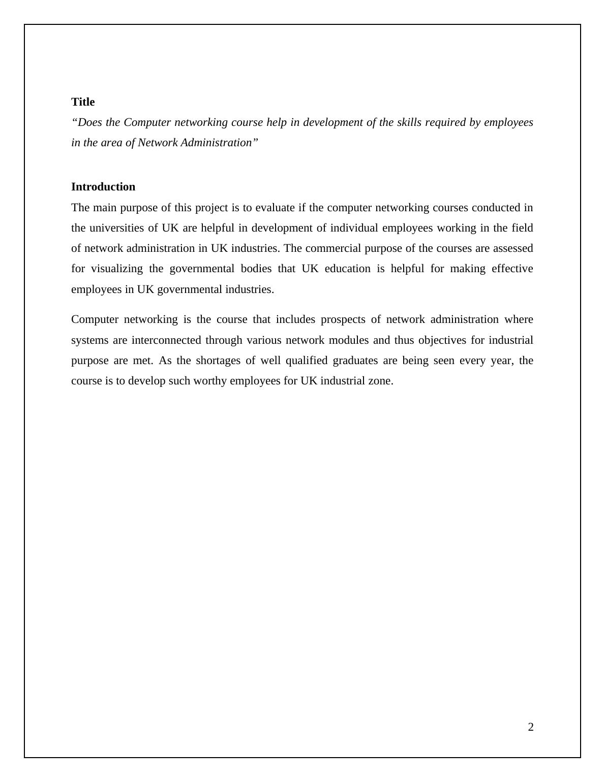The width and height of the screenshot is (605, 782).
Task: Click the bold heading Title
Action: tap(83, 102)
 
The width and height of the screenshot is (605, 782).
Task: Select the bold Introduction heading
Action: tap(103, 187)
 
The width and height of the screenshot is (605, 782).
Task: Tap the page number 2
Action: tap(531, 727)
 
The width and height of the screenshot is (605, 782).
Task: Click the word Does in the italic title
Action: tap(92, 122)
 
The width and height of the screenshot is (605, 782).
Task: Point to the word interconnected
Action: tap(166, 340)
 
